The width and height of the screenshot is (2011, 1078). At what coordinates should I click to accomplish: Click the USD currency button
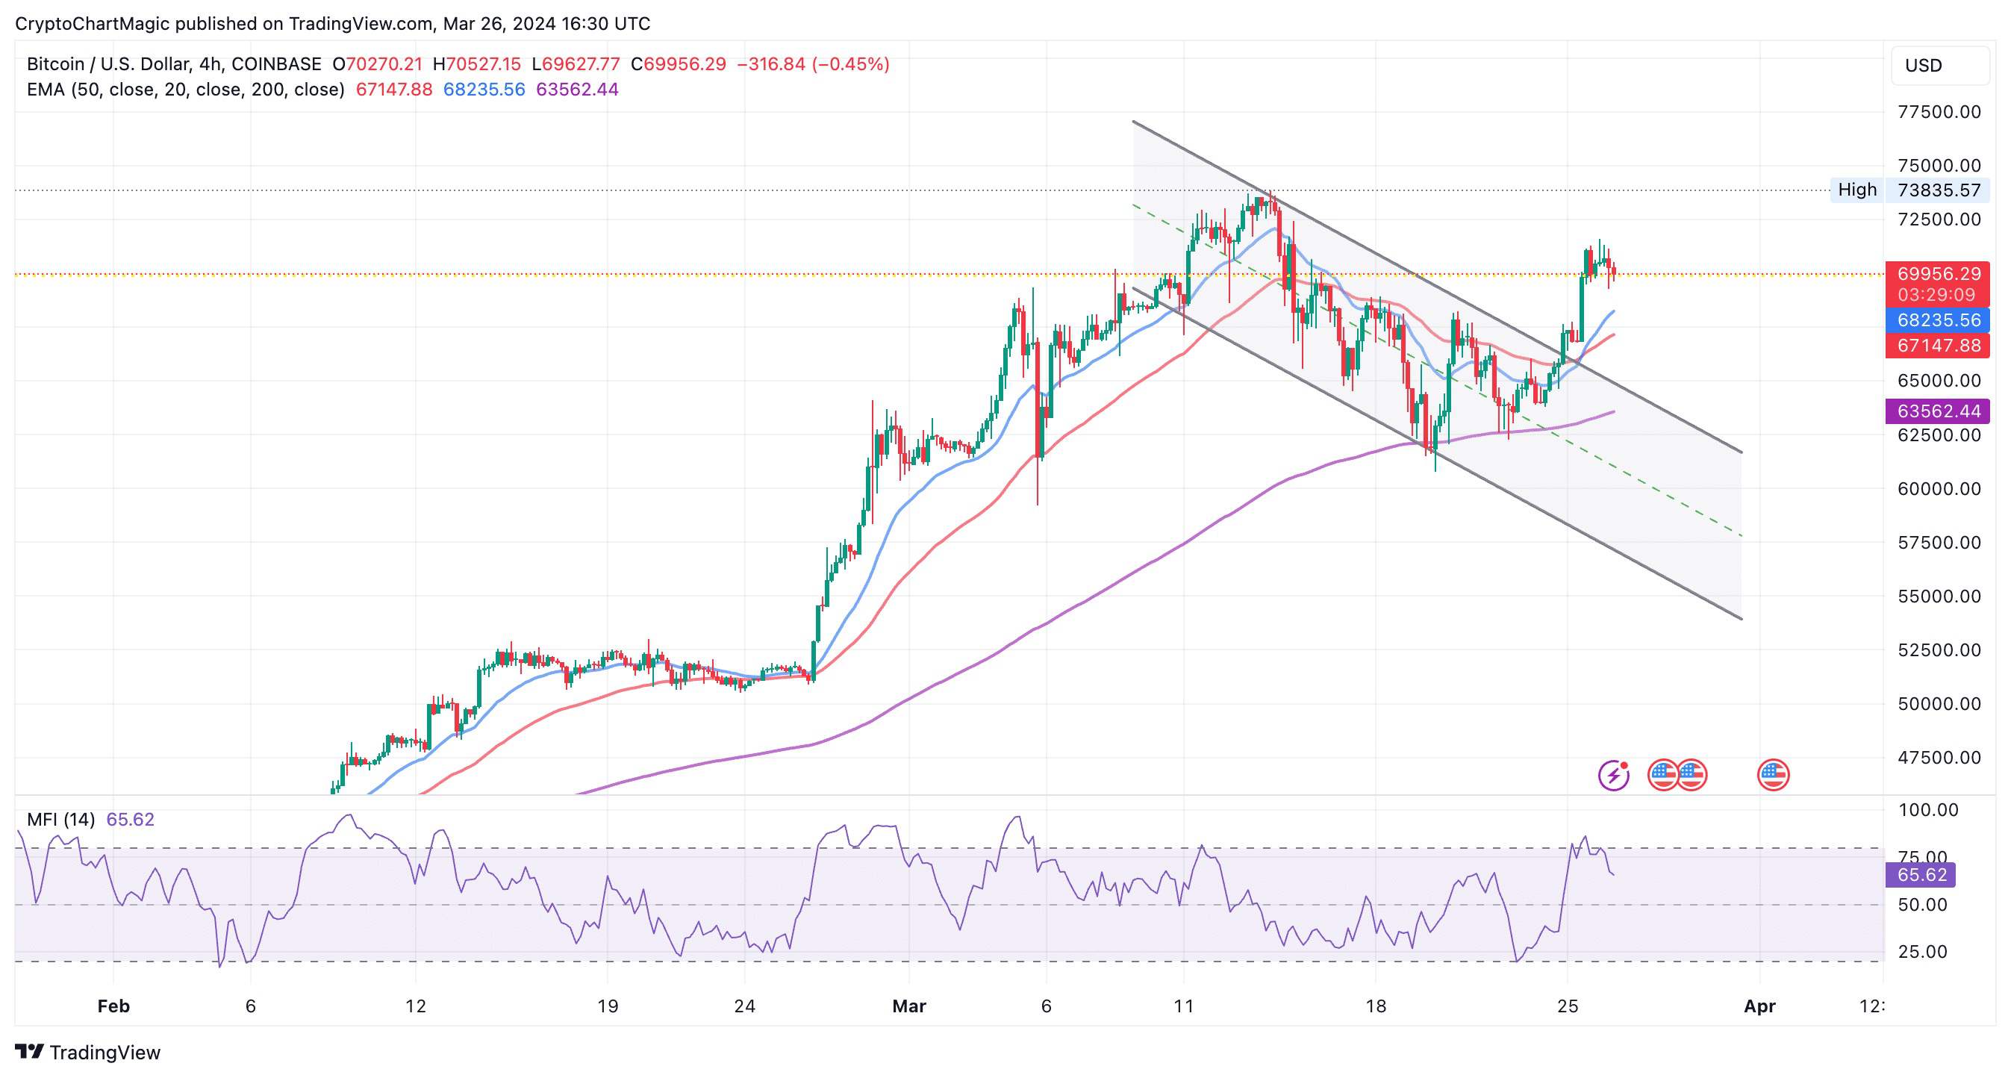point(1939,66)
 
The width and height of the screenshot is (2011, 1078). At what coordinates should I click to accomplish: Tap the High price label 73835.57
point(1939,190)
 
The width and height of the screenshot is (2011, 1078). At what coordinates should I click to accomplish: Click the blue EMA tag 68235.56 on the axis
point(1939,320)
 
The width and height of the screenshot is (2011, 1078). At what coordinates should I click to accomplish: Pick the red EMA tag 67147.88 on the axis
point(1939,346)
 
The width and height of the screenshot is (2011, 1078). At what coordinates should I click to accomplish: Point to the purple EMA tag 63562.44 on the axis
point(1939,411)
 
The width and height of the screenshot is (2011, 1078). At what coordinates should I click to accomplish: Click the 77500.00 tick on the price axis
point(1939,112)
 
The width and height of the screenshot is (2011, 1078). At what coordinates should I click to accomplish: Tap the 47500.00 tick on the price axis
point(1939,757)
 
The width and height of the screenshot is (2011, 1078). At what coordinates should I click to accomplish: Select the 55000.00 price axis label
point(1939,596)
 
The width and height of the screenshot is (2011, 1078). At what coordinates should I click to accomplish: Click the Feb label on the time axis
point(113,1006)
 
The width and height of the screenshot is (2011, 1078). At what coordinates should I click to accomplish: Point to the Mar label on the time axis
point(908,1006)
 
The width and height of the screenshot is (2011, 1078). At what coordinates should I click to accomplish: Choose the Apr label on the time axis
point(1759,1006)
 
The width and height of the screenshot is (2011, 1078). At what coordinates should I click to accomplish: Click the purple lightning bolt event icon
point(1613,775)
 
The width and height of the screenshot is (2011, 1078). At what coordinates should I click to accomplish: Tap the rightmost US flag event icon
point(1773,775)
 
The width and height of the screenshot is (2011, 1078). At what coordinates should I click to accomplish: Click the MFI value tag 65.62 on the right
point(1921,874)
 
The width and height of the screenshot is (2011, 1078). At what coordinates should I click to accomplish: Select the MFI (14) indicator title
point(61,820)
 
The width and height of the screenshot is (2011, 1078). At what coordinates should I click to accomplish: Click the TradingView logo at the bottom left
point(87,1052)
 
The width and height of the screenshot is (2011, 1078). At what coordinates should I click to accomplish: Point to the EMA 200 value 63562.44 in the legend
point(577,90)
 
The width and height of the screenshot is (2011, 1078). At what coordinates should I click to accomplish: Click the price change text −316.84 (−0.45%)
point(813,64)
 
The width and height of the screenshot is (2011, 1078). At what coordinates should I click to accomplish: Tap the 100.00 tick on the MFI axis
point(1927,810)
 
